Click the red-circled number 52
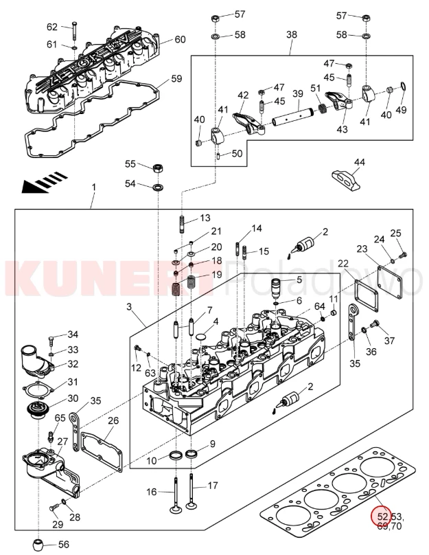tap(380, 516)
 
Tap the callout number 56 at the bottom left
tap(63, 544)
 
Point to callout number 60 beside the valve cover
tap(179, 39)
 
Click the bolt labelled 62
tap(74, 31)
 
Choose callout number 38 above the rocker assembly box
tap(291, 34)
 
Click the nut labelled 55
tap(158, 167)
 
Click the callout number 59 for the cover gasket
tap(176, 79)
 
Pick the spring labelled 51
tap(319, 109)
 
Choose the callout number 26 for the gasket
tap(113, 420)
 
